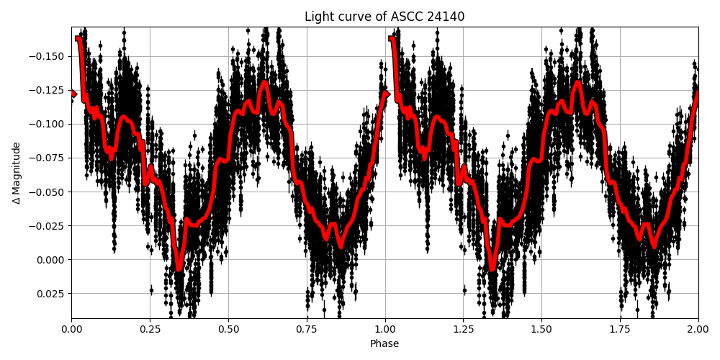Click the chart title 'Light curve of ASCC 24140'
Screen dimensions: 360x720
[384, 17]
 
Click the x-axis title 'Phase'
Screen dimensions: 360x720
[384, 344]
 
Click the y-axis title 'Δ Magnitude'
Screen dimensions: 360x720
[17, 173]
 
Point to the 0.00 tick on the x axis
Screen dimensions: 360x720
[71, 329]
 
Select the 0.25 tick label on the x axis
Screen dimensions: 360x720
[150, 329]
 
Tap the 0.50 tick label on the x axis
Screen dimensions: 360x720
[228, 329]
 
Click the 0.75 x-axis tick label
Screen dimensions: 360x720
[307, 329]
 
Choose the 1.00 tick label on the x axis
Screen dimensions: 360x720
[385, 329]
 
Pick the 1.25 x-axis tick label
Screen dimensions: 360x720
[463, 329]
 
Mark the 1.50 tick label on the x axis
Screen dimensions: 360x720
[541, 329]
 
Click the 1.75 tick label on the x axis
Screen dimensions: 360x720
[620, 329]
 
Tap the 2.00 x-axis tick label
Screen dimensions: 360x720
[698, 329]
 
